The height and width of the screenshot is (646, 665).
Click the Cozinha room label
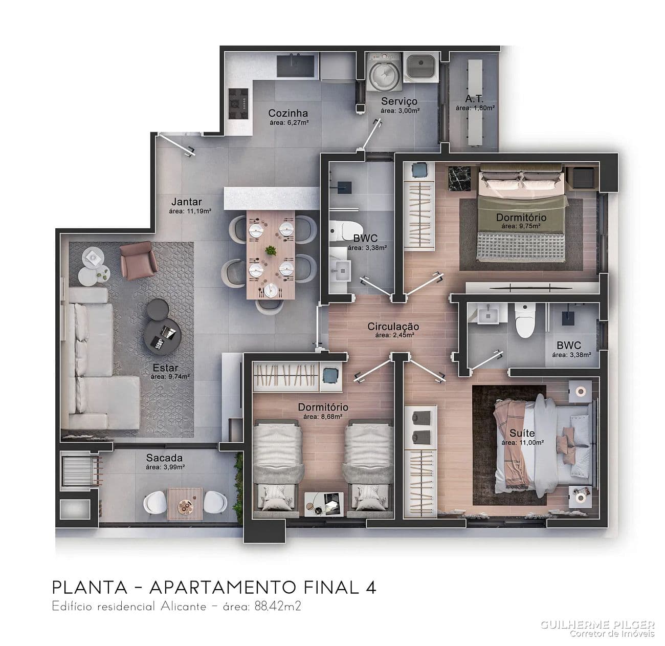point(288,113)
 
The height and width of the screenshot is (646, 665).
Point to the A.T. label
point(474,99)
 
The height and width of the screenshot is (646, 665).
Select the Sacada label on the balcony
point(164,458)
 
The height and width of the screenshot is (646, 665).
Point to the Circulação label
point(393,326)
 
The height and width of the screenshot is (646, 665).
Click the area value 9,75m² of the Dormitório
point(521,226)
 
